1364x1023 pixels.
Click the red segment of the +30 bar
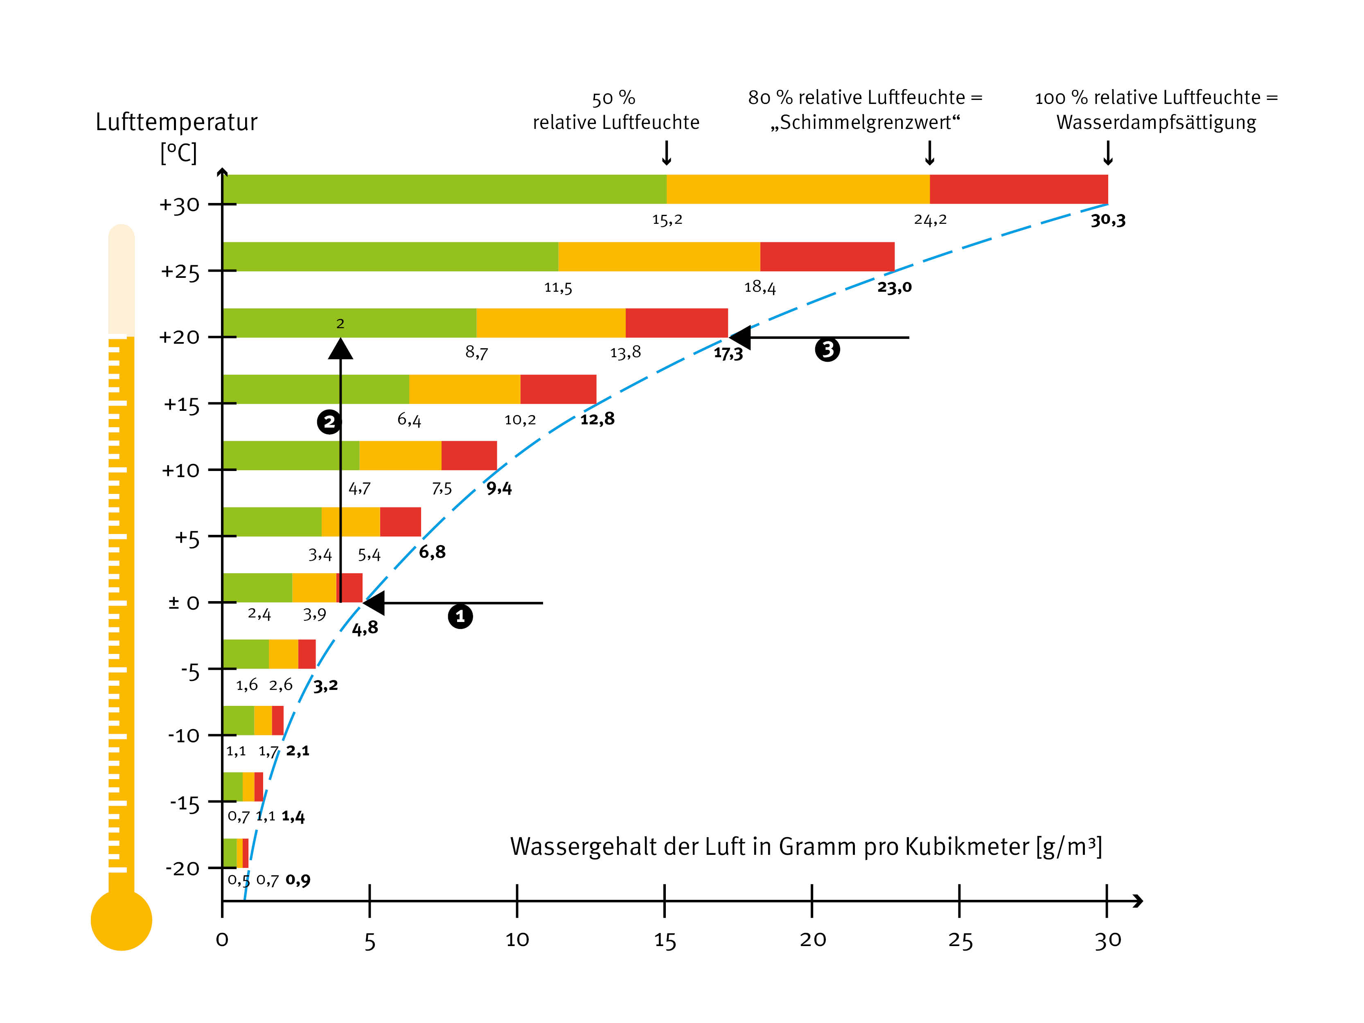tap(1018, 189)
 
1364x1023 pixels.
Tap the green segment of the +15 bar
tap(315, 389)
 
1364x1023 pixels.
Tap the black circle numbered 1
tap(460, 616)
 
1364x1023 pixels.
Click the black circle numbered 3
tap(827, 349)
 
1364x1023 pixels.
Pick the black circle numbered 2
tap(329, 422)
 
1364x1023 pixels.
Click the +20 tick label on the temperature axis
tap(179, 337)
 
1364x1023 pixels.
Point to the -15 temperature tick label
tap(185, 804)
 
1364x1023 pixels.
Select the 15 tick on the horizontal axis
tap(664, 940)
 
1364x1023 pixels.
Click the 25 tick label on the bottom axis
tap(960, 940)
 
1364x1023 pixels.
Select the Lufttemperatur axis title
tap(176, 122)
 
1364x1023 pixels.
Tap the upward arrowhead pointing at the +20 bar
tap(340, 349)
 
